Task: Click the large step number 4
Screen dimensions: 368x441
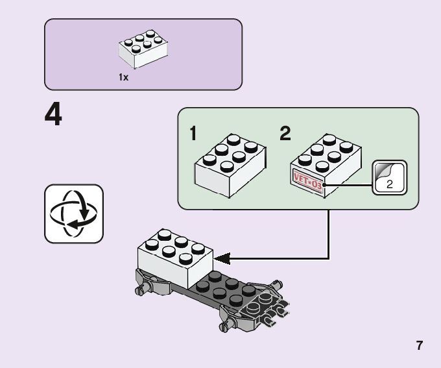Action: point(54,116)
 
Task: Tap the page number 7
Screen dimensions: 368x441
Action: point(420,345)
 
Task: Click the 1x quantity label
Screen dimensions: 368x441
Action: point(123,77)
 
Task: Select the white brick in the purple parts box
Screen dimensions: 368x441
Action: point(143,49)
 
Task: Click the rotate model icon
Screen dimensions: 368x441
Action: point(74,214)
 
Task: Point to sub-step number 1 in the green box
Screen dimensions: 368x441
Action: point(193,134)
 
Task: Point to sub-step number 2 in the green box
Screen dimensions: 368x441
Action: point(285,134)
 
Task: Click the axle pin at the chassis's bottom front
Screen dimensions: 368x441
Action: point(225,321)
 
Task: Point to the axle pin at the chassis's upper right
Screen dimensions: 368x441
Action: point(277,284)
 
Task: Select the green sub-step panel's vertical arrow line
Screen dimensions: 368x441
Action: point(329,234)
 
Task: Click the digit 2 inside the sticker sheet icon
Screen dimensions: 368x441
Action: point(389,184)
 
